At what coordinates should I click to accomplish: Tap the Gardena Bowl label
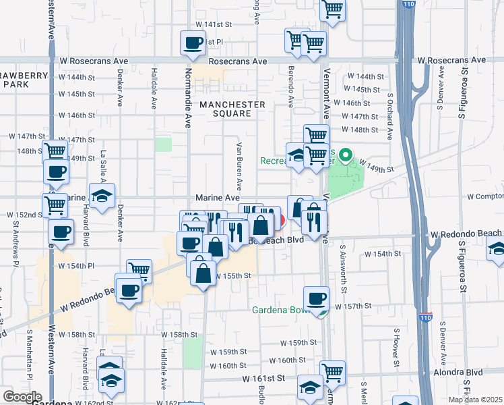point(280,311)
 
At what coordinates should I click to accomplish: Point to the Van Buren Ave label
point(239,166)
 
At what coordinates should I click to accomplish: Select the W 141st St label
point(218,24)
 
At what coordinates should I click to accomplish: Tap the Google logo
point(22,397)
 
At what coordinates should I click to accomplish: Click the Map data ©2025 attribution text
point(474,400)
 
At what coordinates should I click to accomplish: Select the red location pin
point(280,220)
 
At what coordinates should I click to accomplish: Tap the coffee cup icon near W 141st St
point(193,43)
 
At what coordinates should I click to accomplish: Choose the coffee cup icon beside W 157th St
point(316,298)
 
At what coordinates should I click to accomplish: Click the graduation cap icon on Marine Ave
point(102,196)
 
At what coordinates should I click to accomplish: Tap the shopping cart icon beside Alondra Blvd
point(332,371)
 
